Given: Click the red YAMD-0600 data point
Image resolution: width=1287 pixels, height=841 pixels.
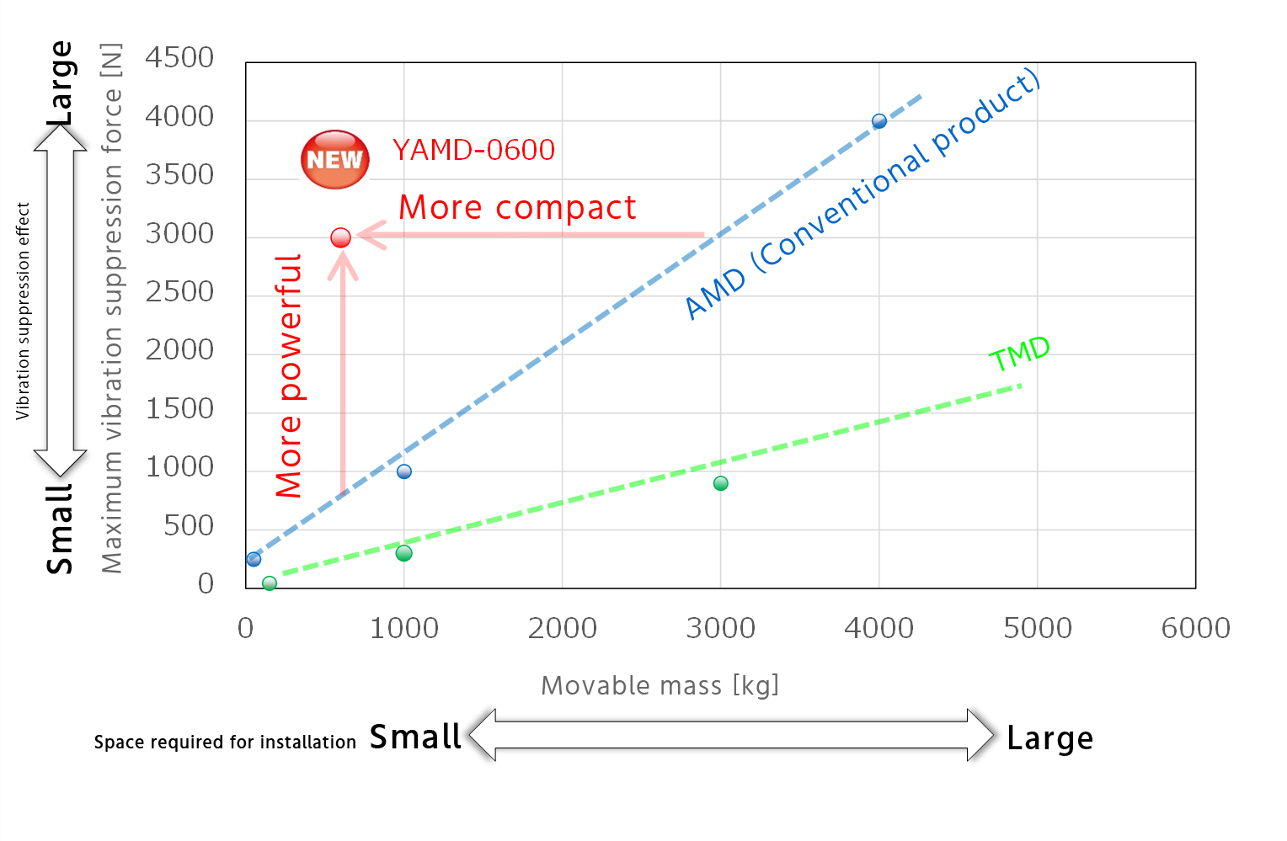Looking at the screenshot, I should pos(340,238).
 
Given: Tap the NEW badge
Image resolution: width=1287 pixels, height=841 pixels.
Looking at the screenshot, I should pos(335,159).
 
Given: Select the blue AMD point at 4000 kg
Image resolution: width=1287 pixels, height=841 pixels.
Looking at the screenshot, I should pos(878,121).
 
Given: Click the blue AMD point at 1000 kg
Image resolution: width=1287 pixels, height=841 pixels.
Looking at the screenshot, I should pos(404,471).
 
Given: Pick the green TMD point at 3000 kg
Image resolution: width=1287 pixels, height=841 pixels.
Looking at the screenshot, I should pos(720,483).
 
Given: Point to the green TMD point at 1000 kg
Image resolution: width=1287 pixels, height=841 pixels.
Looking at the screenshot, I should pos(403,553).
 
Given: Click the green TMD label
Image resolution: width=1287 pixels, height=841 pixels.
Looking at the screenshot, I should pos(1019,353).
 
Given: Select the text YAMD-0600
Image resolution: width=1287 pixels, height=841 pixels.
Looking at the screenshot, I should pos(473,151).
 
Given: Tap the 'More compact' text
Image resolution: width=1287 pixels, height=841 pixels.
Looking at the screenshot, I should pos(517,208).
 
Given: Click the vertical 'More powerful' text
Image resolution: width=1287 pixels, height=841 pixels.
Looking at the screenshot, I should pos(289,375).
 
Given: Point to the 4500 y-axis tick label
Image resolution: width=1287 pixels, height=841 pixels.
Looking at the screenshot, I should pos(179,58).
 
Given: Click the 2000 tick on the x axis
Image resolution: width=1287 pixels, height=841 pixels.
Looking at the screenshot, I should pos(562,628).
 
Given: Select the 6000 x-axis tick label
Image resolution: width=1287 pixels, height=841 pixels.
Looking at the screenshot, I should pos(1195,628).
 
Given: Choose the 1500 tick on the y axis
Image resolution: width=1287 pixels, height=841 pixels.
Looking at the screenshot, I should pos(179,409).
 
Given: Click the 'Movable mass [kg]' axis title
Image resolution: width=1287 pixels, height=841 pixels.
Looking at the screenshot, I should pos(660,685).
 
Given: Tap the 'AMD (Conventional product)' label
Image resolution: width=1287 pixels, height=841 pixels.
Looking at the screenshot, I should pos(862,194).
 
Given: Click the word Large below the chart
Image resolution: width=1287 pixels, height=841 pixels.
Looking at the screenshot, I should pos(1049,738).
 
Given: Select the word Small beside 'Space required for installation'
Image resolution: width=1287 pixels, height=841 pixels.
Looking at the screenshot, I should pos(415,737).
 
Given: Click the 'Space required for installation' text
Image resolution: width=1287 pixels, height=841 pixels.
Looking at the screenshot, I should pos(225,743).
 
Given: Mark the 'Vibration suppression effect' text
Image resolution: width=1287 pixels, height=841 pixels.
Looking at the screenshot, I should pos(23,311).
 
